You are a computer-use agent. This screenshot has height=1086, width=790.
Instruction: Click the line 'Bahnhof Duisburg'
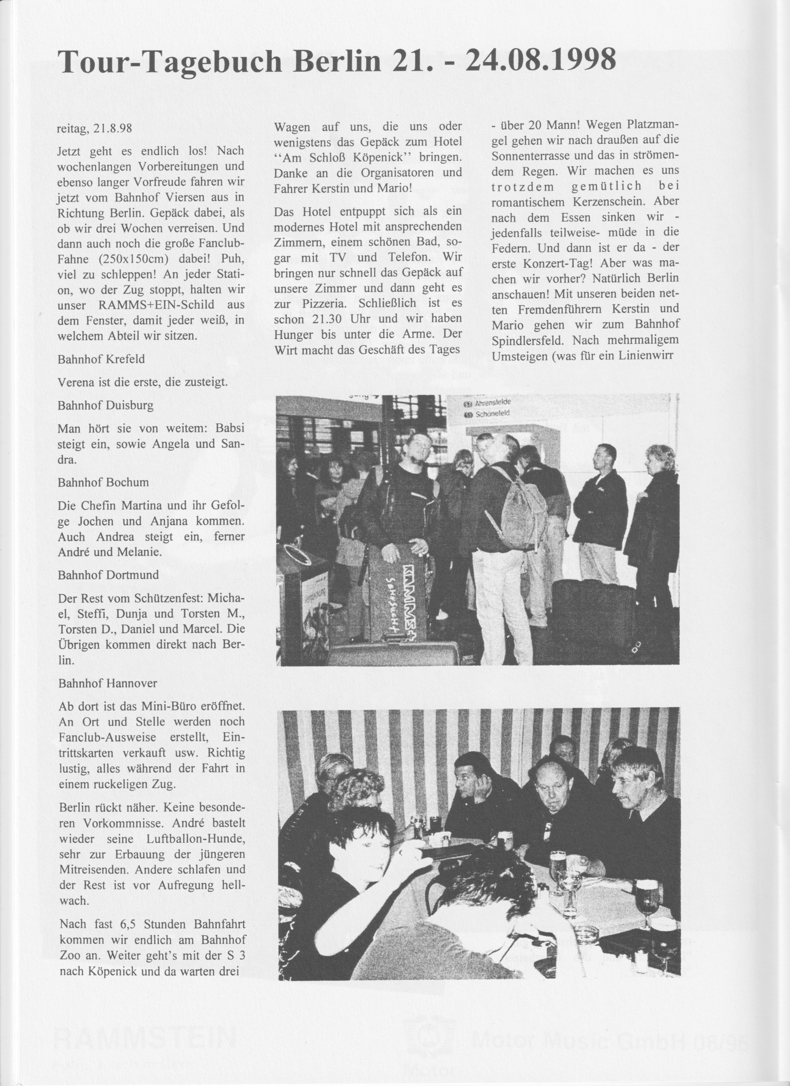tap(105, 406)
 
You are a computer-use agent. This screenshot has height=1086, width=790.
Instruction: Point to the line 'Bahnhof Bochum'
tap(103, 482)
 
